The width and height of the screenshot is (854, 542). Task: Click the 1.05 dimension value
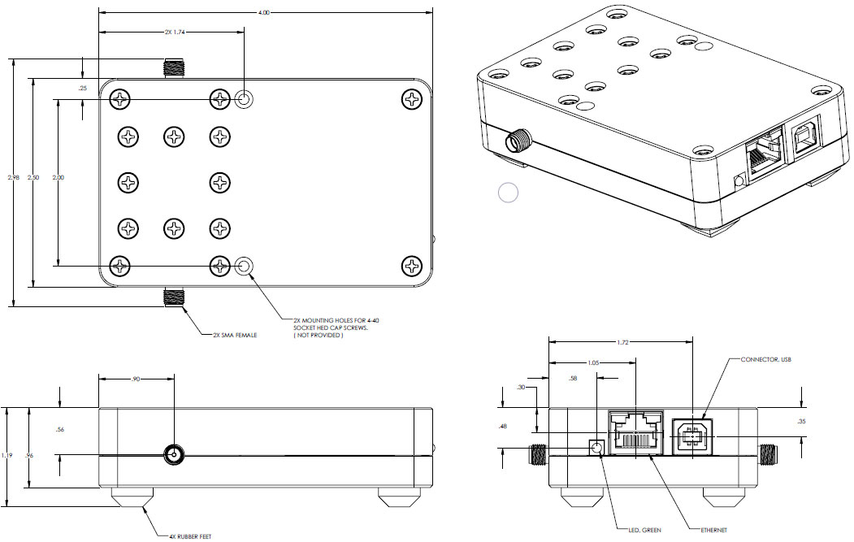tap(595, 363)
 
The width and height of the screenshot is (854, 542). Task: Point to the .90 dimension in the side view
tap(136, 378)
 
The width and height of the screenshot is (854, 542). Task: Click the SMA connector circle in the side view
tap(173, 454)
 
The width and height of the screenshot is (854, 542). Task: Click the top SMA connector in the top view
tap(172, 67)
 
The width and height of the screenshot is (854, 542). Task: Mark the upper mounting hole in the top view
tap(244, 100)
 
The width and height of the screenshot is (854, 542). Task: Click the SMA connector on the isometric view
tap(517, 142)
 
